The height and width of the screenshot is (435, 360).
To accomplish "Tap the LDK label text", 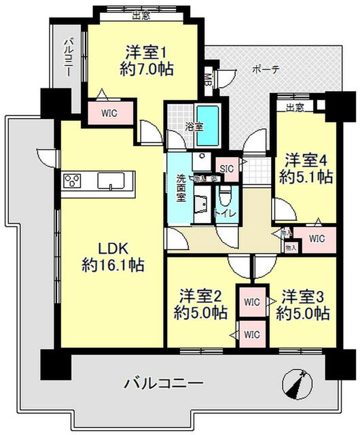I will tap(113, 247).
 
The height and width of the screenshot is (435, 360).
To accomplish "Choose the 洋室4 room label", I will tap(308, 160).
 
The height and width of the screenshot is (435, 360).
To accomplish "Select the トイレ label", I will tap(225, 213).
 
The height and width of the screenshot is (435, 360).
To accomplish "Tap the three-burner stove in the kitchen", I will tap(73, 181).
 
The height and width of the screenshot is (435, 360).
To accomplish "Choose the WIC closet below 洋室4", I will tap(317, 239).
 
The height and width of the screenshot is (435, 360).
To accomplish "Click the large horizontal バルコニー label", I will tap(163, 383).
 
